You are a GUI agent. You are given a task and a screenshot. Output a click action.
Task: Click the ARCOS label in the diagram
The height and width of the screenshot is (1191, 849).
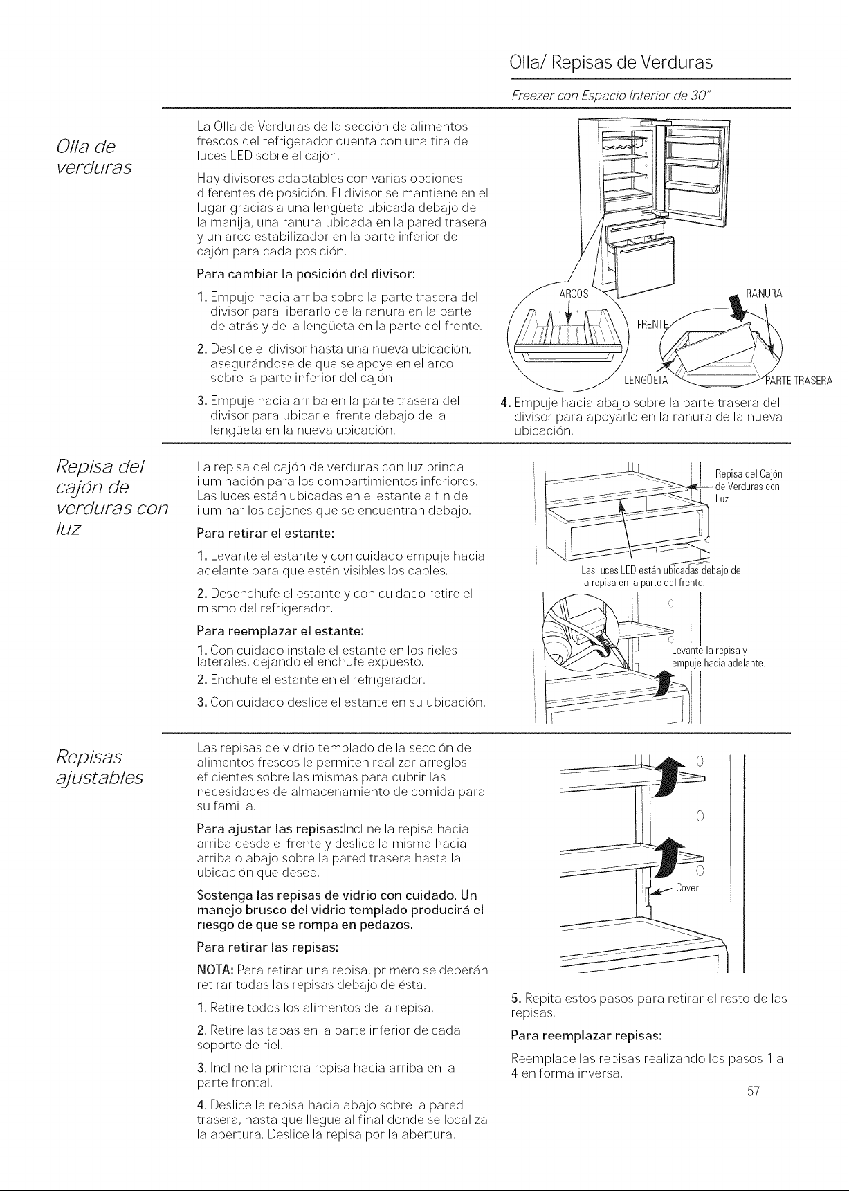(x=574, y=293)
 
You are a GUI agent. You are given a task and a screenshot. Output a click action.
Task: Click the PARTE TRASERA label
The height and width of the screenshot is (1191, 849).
(x=798, y=381)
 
